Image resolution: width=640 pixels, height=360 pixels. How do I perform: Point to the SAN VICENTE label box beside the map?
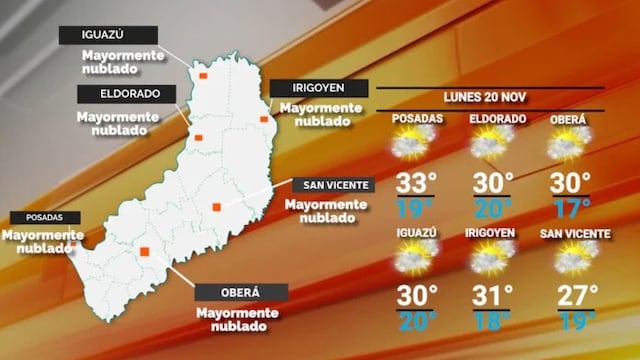coord(332,185)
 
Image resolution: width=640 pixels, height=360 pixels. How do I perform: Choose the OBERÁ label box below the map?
coord(240,293)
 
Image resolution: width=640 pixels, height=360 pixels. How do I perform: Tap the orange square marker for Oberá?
coord(145,252)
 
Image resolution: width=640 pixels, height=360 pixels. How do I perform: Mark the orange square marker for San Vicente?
coord(216,207)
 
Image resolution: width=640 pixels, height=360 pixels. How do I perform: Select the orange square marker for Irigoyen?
coord(265,120)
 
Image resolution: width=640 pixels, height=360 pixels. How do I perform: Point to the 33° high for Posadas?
coord(417,183)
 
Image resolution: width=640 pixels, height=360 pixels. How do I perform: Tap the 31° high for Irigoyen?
coord(494,296)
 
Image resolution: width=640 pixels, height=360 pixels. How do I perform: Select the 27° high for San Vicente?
coord(577,296)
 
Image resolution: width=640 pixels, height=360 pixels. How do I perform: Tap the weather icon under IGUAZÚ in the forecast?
coord(415,258)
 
